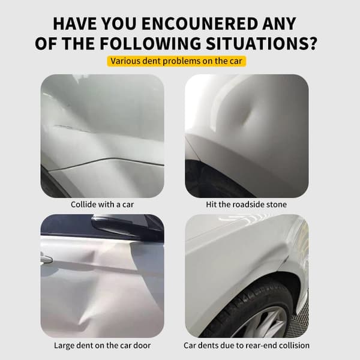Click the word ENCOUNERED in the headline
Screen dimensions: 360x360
[x=199, y=23]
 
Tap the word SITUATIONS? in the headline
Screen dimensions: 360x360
[x=261, y=43]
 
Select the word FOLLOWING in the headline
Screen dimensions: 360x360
[x=150, y=43]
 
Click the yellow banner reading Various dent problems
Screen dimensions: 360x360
[x=176, y=61]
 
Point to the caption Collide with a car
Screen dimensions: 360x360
[x=102, y=205]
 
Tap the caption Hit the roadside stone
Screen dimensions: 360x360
[x=246, y=205]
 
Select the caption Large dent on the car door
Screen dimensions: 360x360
[x=103, y=346]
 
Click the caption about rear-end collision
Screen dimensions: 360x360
[x=247, y=346]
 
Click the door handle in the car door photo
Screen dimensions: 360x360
[x=46, y=259]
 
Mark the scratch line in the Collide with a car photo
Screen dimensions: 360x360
[x=73, y=128]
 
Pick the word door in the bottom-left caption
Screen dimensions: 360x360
[x=142, y=346]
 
